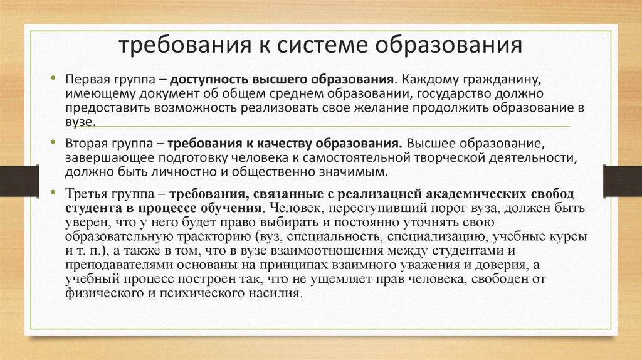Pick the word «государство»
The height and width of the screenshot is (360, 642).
pos(455,94)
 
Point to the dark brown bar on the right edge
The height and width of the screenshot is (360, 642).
pos(623,181)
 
